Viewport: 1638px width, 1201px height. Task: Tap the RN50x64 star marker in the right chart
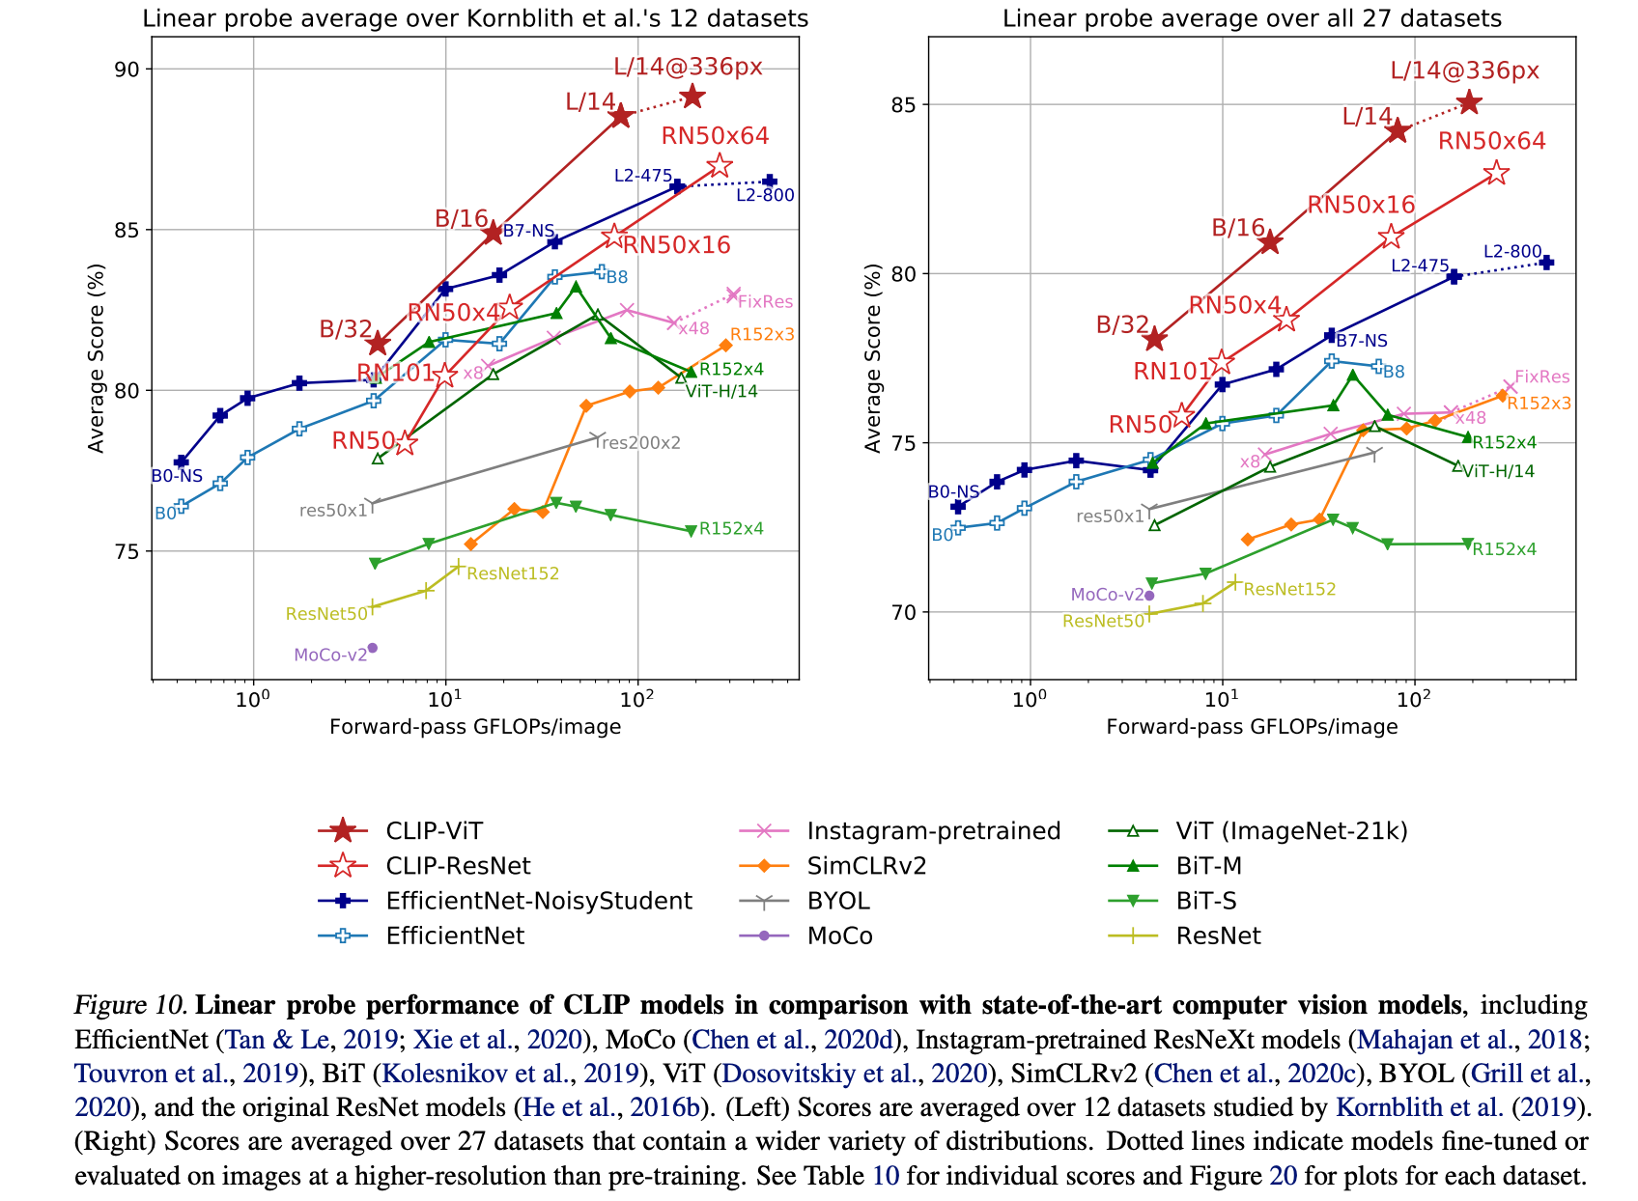pyautogui.click(x=1496, y=174)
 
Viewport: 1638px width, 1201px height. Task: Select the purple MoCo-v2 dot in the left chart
pyautogui.click(x=372, y=648)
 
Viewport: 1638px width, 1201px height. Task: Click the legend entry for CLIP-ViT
pyautogui.click(x=434, y=831)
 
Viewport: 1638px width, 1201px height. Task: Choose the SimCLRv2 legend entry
pyautogui.click(x=866, y=866)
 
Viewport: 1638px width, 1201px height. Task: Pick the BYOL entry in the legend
pyautogui.click(x=838, y=901)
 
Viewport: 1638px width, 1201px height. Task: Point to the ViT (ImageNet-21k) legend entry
pyautogui.click(x=1291, y=831)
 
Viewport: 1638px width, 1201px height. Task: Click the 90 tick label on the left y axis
pyautogui.click(x=127, y=70)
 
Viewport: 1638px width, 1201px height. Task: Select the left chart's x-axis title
pyautogui.click(x=475, y=726)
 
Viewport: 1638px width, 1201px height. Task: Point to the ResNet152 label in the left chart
pyautogui.click(x=513, y=573)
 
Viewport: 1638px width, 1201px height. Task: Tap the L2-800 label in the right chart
pyautogui.click(x=1512, y=252)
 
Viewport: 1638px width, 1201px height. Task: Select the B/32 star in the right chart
pyautogui.click(x=1154, y=339)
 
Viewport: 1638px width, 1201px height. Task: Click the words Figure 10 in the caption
pyautogui.click(x=130, y=1005)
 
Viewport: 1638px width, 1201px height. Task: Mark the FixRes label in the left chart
pyautogui.click(x=765, y=302)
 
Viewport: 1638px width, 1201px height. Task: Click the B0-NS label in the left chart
pyautogui.click(x=177, y=476)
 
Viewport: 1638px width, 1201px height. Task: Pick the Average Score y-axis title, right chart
pyautogui.click(x=873, y=358)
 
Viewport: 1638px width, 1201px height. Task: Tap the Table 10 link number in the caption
pyautogui.click(x=886, y=1176)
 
